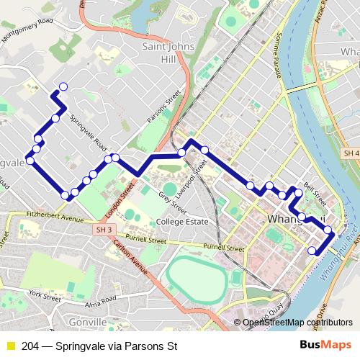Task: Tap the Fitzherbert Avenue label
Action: pos(55,216)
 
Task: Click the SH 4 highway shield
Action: pos(351,154)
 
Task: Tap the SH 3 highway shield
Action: pos(104,229)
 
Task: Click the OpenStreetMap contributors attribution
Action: pos(297,323)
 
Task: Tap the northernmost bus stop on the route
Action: pos(63,87)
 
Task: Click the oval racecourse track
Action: pos(194,277)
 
